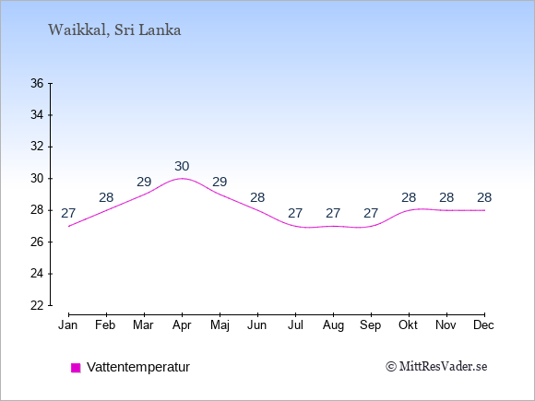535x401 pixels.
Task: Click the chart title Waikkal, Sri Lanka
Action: click(114, 30)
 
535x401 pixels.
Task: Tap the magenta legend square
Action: click(76, 368)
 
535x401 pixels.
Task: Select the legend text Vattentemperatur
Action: click(138, 367)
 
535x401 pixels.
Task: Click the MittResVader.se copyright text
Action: click(436, 367)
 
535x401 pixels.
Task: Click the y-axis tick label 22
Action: click(37, 305)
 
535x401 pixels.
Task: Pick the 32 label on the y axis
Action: click(37, 147)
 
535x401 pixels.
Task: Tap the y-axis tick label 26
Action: click(37, 242)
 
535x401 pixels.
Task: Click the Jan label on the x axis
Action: click(68, 325)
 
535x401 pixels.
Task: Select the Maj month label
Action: click(220, 325)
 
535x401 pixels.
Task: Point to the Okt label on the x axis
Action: click(408, 325)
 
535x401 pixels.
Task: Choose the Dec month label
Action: click(484, 325)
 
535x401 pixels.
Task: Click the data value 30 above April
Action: click(182, 167)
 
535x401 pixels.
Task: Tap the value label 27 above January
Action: click(68, 214)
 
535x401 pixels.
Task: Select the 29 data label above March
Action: click(144, 183)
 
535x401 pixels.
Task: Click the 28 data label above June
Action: click(257, 198)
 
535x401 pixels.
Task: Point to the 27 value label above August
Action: click(333, 214)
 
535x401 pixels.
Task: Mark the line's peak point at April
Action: click(182, 178)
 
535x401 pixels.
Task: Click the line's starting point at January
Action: click(68, 226)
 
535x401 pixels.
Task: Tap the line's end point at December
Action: click(484, 210)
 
